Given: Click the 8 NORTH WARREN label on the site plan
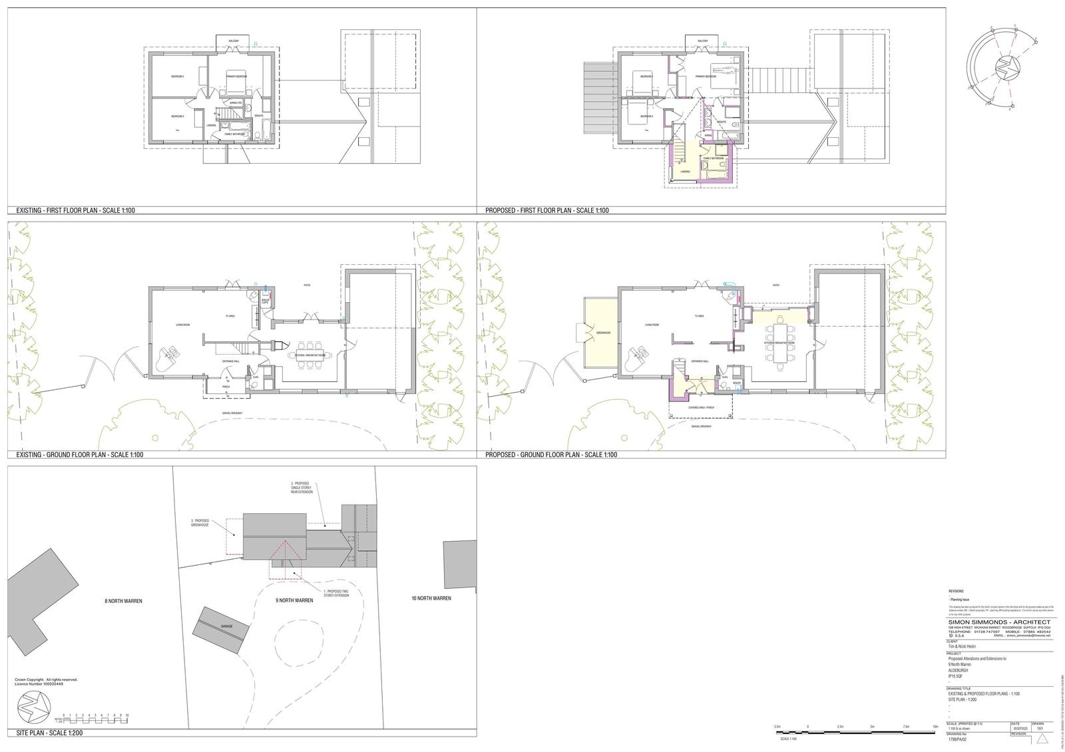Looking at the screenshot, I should tap(123, 601).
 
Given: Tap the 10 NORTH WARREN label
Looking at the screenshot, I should tap(431, 598).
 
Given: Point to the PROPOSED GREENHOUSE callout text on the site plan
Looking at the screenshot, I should tap(200, 522).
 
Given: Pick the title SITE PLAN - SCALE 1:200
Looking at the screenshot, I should tap(49, 733).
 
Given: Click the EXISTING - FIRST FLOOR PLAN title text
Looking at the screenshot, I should tap(76, 210).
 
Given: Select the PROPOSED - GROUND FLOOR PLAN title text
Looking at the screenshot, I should tap(551, 455).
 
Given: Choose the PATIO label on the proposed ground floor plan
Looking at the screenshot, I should tap(775, 285).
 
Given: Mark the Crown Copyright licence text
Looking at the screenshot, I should tap(46, 682).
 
